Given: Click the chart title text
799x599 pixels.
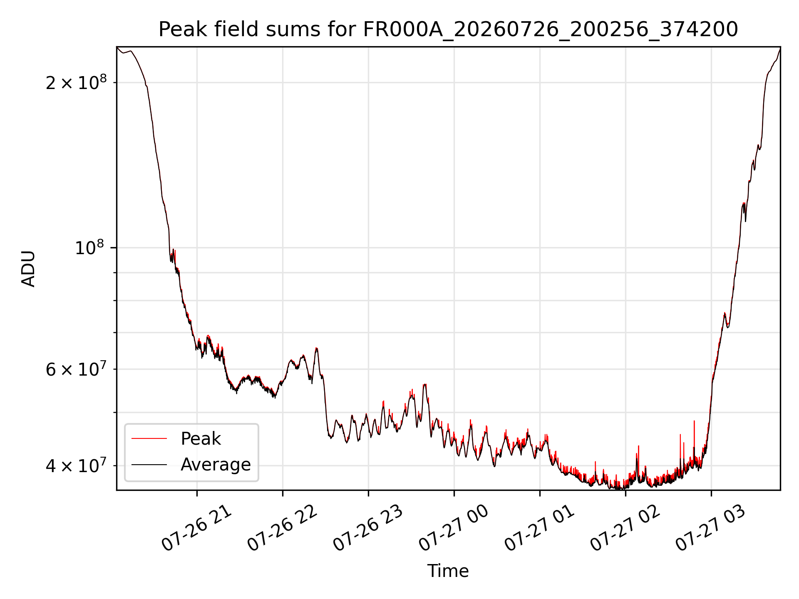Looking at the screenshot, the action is click(448, 29).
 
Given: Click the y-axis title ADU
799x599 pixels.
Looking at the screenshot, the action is click(28, 268).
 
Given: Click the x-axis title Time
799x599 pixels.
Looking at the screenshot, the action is click(448, 571).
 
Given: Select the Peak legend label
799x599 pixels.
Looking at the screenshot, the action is click(201, 439).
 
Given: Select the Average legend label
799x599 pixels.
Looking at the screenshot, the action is click(216, 465).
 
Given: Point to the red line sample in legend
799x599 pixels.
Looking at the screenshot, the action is click(149, 438).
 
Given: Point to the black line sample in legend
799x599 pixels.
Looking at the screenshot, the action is click(149, 464).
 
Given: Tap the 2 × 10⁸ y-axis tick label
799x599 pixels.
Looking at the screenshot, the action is click(76, 82).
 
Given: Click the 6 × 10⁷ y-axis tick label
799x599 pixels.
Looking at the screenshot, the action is click(76, 369).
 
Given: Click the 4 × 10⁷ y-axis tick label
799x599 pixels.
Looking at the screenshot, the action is click(76, 465).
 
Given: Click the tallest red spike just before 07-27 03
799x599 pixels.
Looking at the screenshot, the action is click(694, 421).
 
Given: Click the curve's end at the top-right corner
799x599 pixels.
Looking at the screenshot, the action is click(780, 48).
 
